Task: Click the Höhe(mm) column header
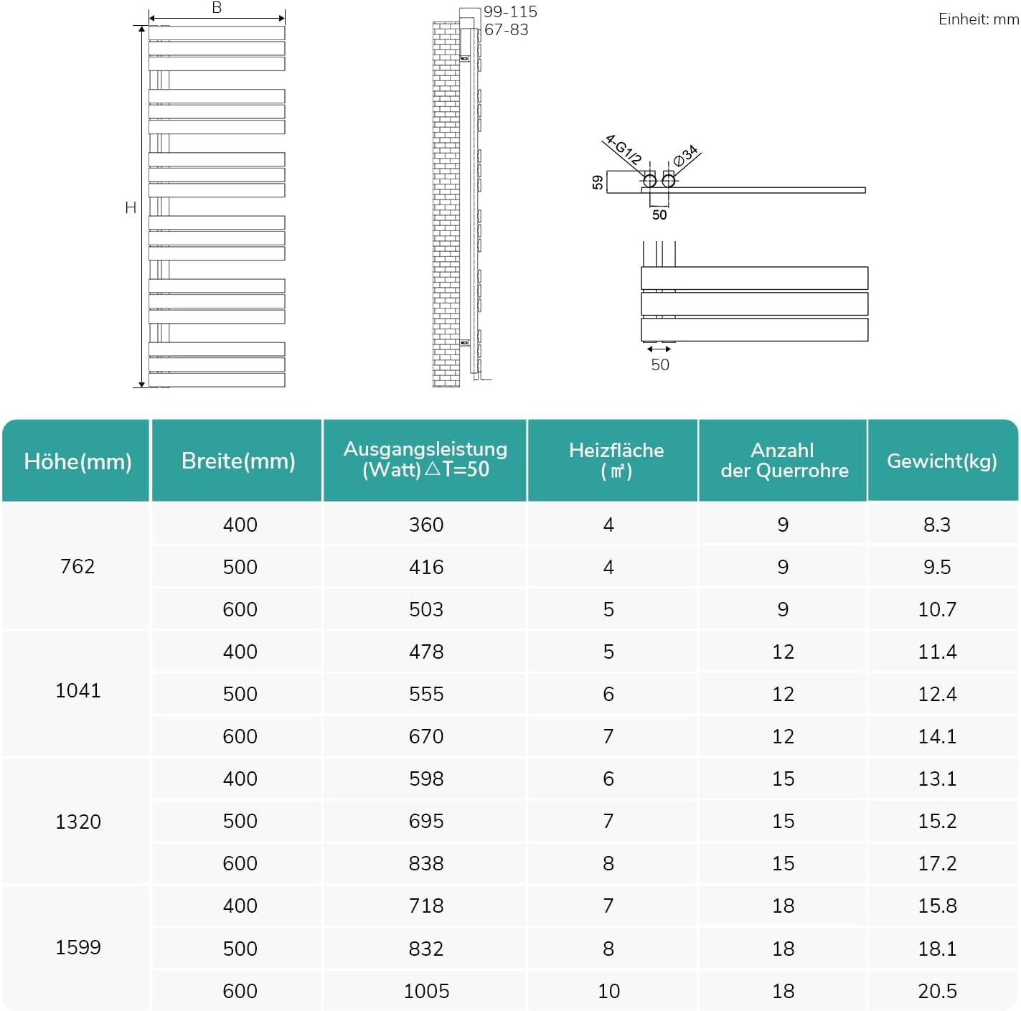(x=77, y=461)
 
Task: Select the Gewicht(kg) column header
(x=941, y=461)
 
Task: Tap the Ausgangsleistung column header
(x=425, y=459)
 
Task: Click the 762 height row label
(x=77, y=566)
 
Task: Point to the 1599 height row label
(x=78, y=947)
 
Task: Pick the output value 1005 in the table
(x=426, y=991)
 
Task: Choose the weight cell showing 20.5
(x=937, y=991)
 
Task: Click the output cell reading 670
(x=426, y=736)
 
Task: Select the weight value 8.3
(x=937, y=525)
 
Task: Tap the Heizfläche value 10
(x=608, y=991)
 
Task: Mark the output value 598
(x=426, y=779)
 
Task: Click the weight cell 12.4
(x=937, y=694)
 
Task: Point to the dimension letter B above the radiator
(x=217, y=8)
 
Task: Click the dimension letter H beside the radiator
(x=131, y=207)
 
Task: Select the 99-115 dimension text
(x=510, y=11)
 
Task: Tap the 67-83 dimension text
(x=507, y=29)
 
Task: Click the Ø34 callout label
(x=686, y=155)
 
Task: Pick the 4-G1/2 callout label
(x=623, y=149)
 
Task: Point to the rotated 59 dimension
(x=598, y=182)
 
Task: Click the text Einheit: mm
(x=978, y=19)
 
